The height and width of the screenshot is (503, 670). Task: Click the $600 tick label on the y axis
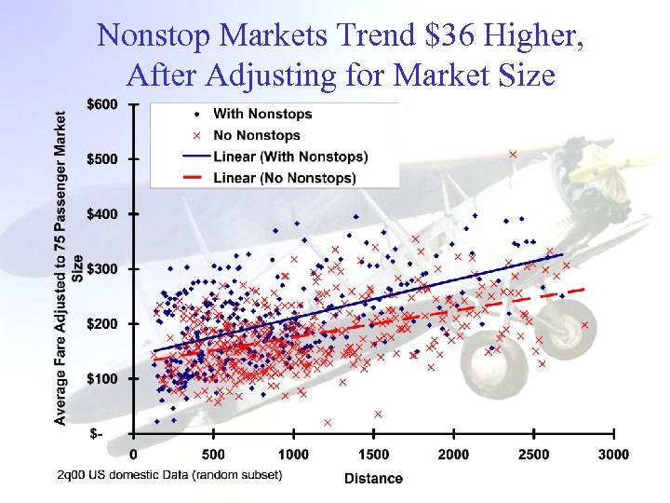(x=102, y=104)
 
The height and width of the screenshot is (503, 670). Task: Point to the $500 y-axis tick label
(x=102, y=159)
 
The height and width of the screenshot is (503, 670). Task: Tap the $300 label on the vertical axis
(x=102, y=269)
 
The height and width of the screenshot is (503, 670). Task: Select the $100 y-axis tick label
(x=102, y=379)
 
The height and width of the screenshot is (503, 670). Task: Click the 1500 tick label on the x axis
(x=373, y=455)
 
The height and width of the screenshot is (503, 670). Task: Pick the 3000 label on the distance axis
(x=613, y=455)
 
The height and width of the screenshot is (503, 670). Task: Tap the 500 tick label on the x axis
(x=213, y=455)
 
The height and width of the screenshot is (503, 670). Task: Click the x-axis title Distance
(x=373, y=479)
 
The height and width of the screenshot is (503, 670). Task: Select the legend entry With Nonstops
(x=262, y=115)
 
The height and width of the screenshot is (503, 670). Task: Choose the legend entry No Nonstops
(x=257, y=136)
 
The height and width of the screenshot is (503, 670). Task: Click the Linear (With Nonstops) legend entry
(x=289, y=156)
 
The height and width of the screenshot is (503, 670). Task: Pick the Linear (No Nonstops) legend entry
(x=284, y=177)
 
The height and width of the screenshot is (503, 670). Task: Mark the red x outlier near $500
(x=513, y=155)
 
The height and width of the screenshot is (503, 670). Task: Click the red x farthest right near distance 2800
(x=584, y=325)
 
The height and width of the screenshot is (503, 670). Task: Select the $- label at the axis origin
(x=97, y=434)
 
